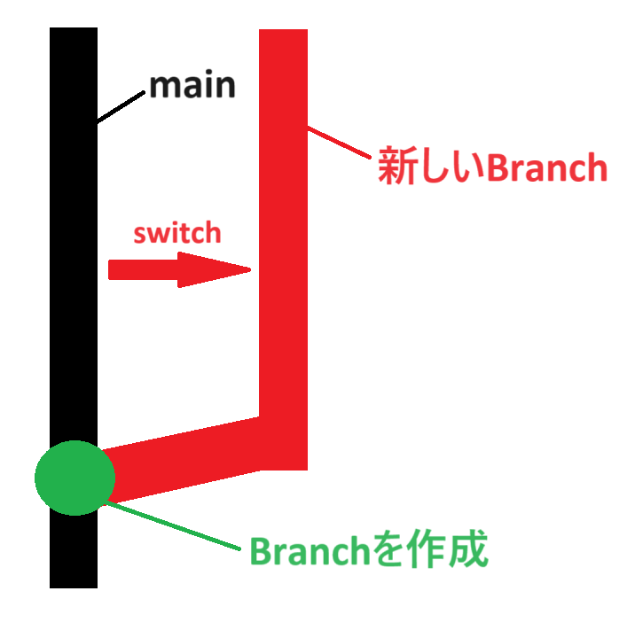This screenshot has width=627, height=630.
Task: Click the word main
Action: tap(192, 87)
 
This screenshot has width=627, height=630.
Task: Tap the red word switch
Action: tap(176, 233)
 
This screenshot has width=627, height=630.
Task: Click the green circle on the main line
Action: tap(74, 478)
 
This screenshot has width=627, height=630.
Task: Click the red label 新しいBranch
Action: tap(492, 167)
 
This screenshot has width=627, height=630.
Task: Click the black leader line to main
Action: tap(121, 105)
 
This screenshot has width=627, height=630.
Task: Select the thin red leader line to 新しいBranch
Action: tap(341, 144)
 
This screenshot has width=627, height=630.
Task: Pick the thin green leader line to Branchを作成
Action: tap(173, 526)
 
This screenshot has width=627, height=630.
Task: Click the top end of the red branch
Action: tap(283, 35)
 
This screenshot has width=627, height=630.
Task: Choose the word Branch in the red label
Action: tap(546, 167)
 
